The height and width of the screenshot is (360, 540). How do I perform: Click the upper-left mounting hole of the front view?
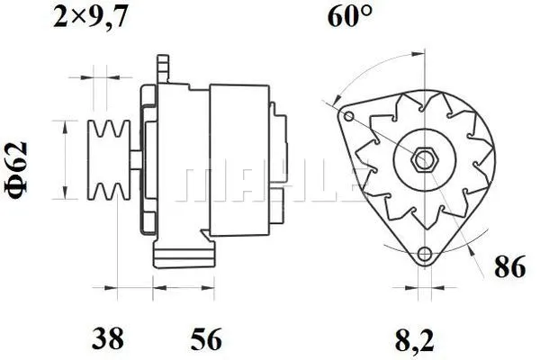(348, 116)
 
